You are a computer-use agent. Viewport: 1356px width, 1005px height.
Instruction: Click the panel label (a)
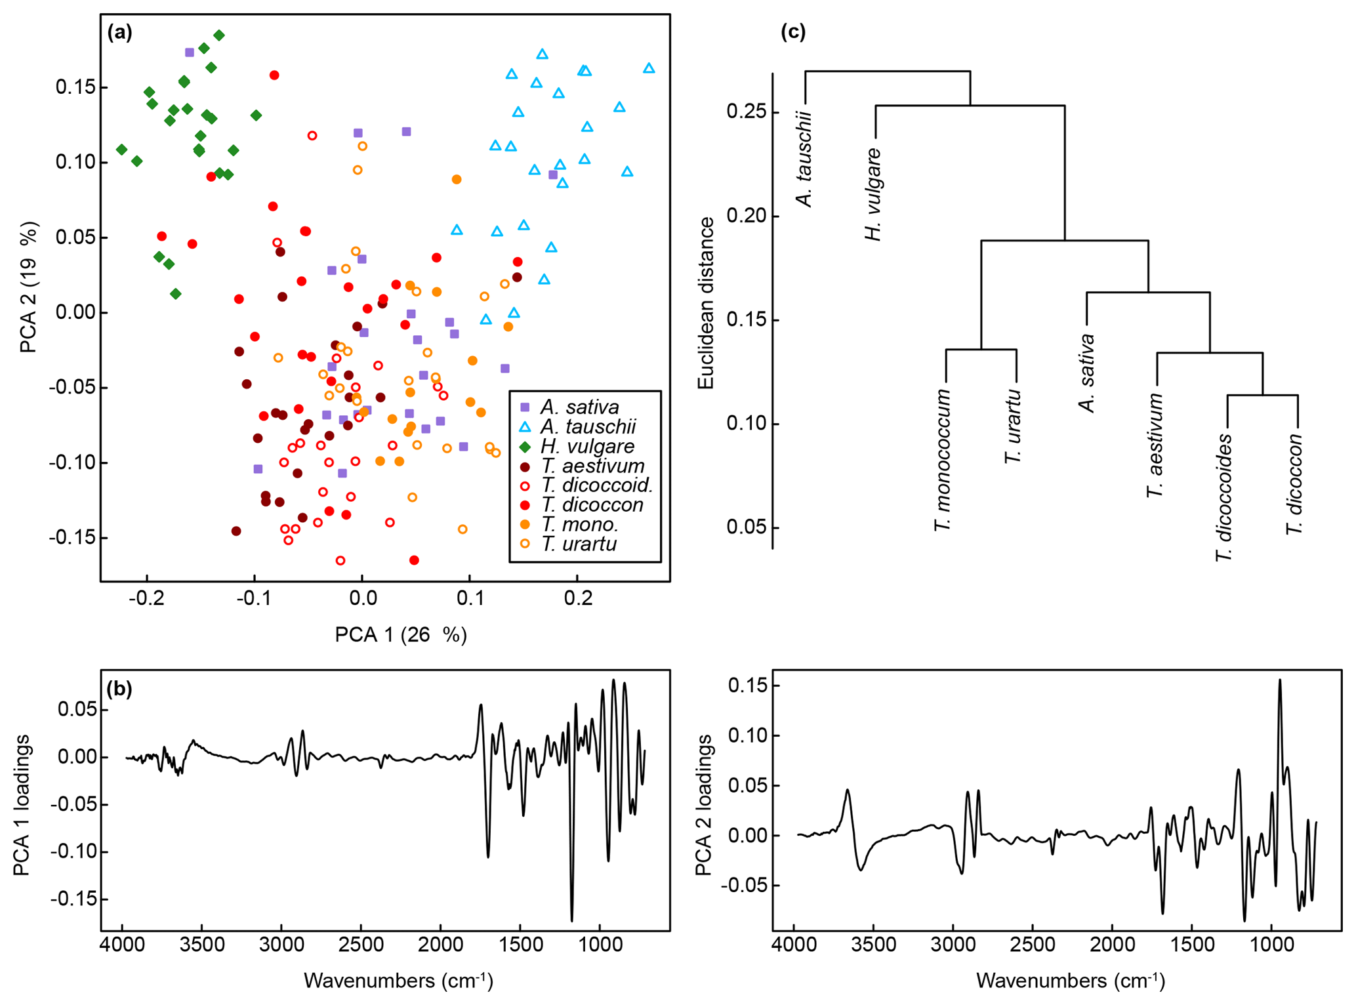(120, 32)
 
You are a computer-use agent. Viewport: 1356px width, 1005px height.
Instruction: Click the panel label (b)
(119, 688)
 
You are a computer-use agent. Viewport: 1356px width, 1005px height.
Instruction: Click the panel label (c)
(792, 32)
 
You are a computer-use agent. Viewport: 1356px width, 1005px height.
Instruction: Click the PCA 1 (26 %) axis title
(401, 634)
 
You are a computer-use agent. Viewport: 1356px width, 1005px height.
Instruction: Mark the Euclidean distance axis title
(706, 303)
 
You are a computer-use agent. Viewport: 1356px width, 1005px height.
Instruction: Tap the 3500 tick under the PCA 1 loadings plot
(202, 945)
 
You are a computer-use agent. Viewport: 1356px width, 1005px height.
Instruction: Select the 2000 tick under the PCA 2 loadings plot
(1112, 945)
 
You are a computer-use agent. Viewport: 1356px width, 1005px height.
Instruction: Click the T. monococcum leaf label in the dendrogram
(943, 460)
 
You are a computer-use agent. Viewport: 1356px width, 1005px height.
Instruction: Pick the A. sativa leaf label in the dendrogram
(1087, 373)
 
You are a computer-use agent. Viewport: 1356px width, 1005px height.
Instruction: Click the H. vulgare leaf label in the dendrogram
(874, 195)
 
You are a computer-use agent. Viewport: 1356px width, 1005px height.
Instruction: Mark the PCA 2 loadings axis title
(703, 805)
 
